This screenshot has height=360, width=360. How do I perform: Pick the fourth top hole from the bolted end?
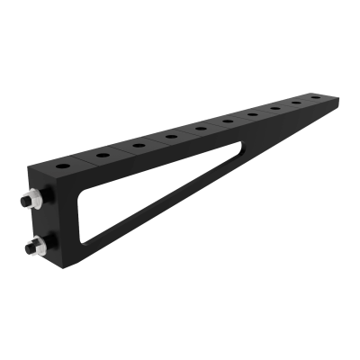pos(171,137)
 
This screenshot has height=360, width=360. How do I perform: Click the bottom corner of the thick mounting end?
pos(67,270)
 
